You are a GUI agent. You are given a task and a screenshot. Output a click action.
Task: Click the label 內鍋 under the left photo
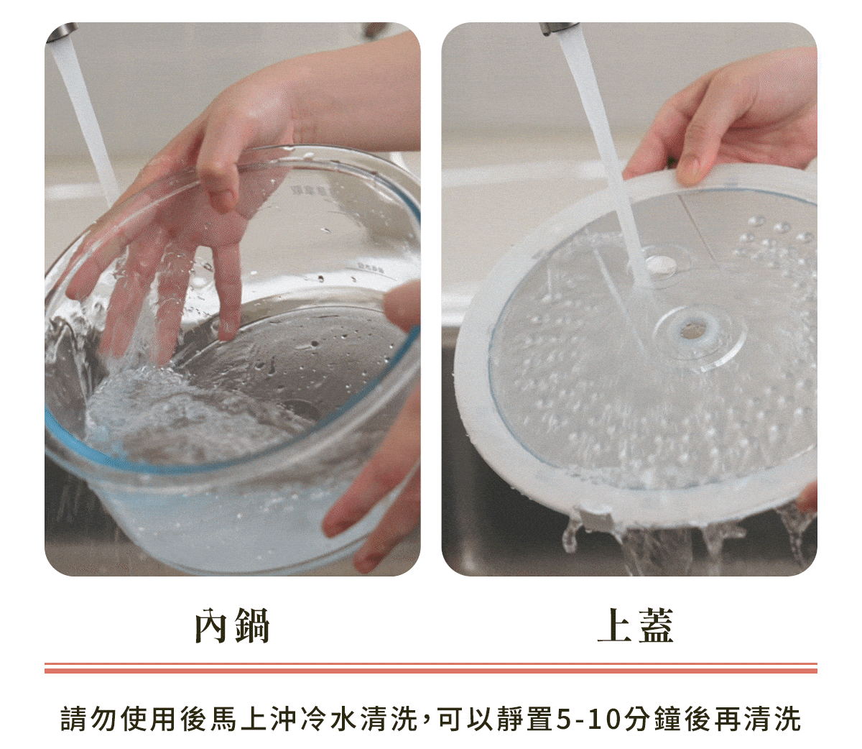232,625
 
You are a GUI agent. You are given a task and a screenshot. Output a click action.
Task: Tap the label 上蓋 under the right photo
635,625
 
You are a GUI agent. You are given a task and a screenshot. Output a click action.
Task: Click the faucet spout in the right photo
557,29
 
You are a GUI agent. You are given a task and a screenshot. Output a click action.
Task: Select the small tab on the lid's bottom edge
595,518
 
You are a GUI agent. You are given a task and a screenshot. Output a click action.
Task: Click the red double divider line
430,668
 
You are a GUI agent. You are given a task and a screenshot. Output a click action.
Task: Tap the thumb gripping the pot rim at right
402,303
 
